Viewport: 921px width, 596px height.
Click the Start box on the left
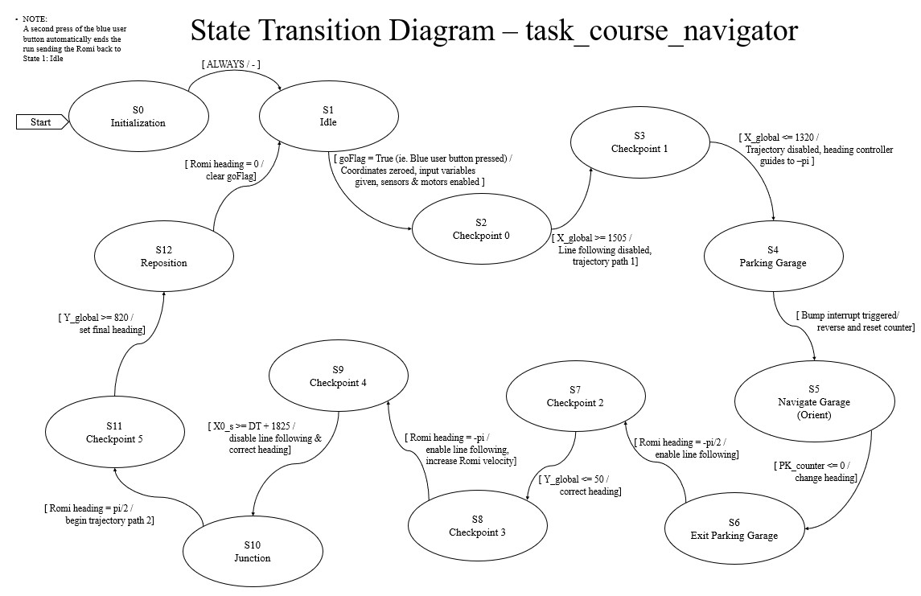(41, 122)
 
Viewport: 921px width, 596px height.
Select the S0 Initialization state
(138, 117)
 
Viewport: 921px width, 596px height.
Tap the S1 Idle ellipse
(328, 117)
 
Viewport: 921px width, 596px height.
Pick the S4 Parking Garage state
(773, 257)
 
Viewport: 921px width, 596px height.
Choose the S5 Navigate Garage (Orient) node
(814, 402)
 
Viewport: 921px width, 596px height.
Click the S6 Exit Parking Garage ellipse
(734, 529)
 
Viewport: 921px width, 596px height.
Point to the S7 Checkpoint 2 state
(575, 397)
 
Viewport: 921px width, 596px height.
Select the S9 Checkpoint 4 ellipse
(338, 376)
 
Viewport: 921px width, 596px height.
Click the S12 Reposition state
(164, 257)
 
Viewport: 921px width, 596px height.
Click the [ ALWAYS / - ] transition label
(231, 64)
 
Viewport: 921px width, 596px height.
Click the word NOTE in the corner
(36, 18)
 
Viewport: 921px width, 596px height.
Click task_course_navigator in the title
(661, 31)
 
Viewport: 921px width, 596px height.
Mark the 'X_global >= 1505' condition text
(598, 239)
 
